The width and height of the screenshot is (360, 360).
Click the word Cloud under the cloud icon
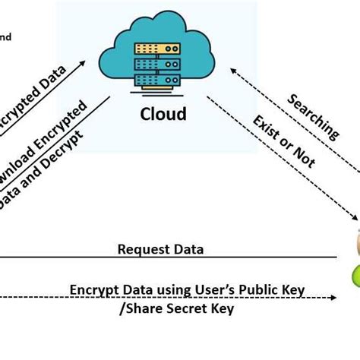click(x=162, y=114)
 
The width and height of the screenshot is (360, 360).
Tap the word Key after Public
click(x=293, y=289)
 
